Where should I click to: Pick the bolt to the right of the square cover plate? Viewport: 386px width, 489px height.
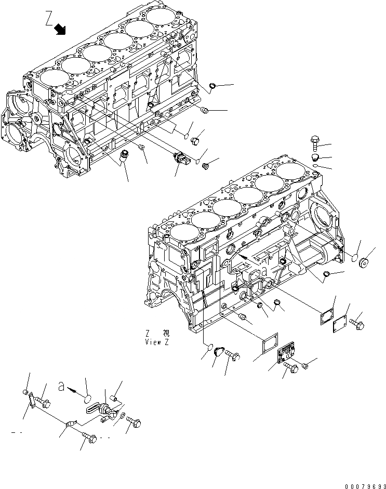(357, 324)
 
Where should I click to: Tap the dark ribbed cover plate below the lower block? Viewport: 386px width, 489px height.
(286, 356)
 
